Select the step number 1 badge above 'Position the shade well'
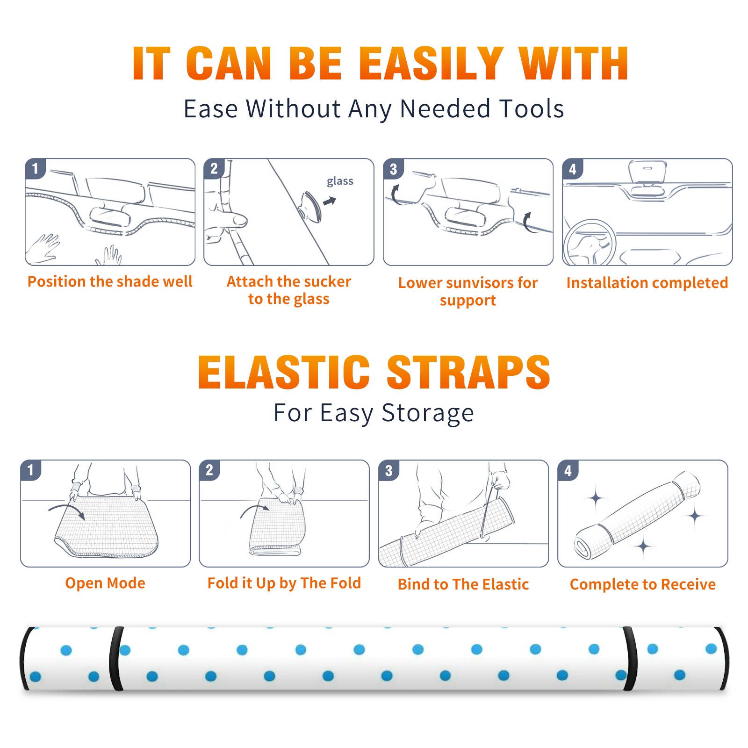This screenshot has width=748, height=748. (36, 168)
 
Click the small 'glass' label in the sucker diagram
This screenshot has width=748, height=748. (340, 181)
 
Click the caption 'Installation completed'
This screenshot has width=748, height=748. (647, 283)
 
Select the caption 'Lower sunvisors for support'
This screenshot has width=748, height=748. (468, 291)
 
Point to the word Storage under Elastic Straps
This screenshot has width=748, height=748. (428, 413)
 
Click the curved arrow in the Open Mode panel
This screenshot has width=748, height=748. (67, 511)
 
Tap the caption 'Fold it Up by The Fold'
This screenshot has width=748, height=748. (284, 583)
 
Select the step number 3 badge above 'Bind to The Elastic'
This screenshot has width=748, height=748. (389, 470)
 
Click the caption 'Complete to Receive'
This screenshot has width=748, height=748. (643, 584)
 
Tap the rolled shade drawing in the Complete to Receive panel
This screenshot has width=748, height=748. (637, 515)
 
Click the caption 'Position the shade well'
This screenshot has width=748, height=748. (110, 281)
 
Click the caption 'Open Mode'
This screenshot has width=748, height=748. (105, 583)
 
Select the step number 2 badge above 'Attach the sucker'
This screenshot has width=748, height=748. (214, 168)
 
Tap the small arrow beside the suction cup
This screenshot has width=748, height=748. (330, 201)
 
